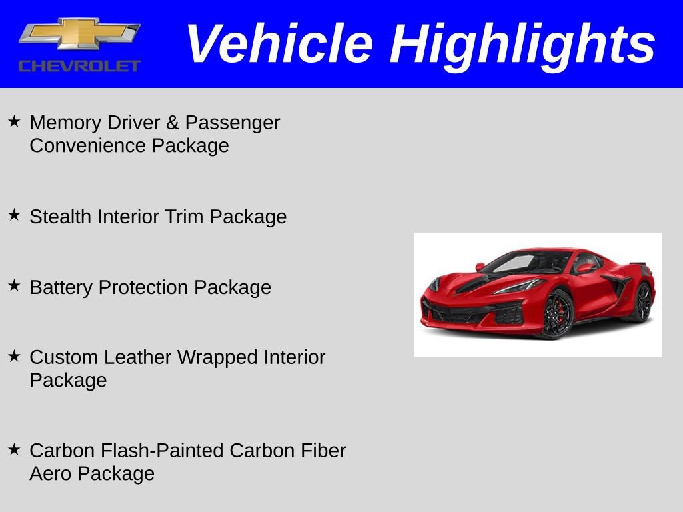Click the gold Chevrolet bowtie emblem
point(79,33)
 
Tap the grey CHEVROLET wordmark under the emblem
point(79,66)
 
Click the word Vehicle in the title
point(279,43)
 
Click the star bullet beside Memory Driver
point(15,121)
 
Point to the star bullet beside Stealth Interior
point(15,215)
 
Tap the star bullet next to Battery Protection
point(15,285)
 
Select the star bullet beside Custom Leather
point(15,356)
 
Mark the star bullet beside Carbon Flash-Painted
point(15,449)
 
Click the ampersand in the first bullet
point(173,123)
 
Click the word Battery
point(61,288)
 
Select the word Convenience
point(88,145)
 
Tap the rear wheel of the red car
point(642,301)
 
